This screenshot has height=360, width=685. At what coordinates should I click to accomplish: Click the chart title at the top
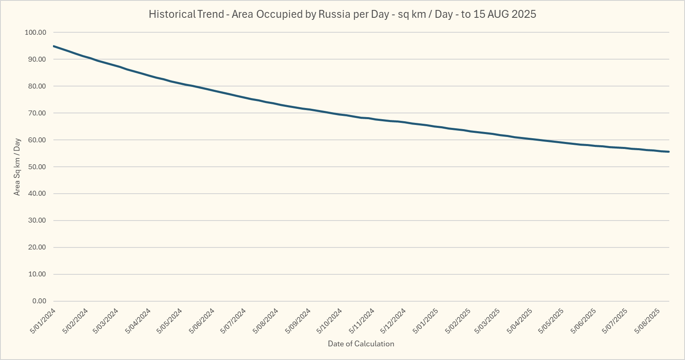[342, 14]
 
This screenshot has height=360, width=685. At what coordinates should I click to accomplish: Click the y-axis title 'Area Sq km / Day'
[17, 167]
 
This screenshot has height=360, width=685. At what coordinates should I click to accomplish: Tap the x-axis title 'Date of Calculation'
[361, 344]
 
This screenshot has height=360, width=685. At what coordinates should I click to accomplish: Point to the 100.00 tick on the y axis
[36, 32]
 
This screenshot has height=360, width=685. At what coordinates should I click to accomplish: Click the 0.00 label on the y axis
[39, 301]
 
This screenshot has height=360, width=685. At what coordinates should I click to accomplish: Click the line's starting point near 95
[54, 46]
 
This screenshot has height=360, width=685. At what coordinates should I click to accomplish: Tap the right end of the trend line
[669, 152]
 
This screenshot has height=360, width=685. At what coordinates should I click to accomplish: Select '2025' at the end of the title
[524, 14]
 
